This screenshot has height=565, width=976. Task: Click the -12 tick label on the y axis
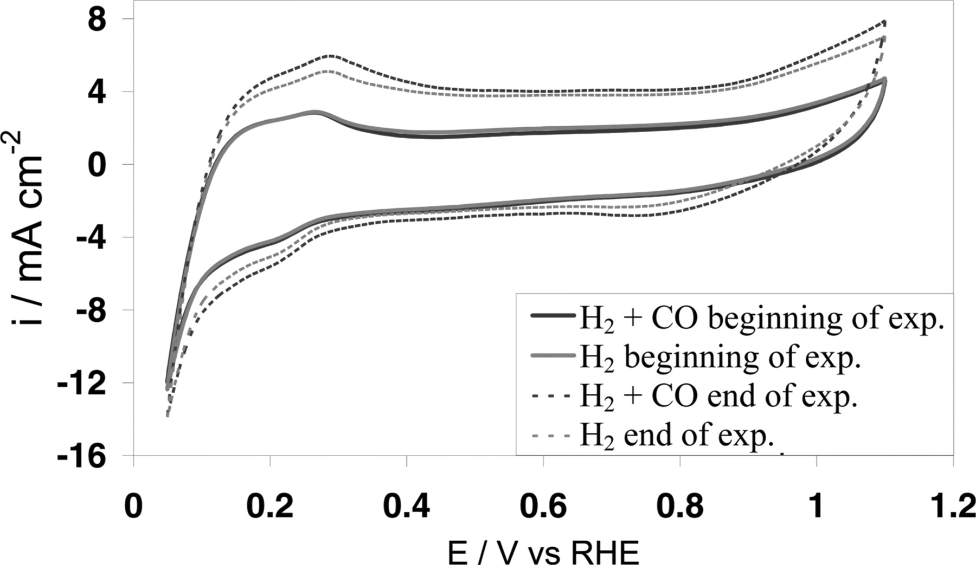click(83, 384)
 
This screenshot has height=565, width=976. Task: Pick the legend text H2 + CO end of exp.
click(718, 397)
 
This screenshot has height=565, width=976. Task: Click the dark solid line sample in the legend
click(553, 315)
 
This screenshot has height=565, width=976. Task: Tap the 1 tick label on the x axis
click(815, 506)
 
